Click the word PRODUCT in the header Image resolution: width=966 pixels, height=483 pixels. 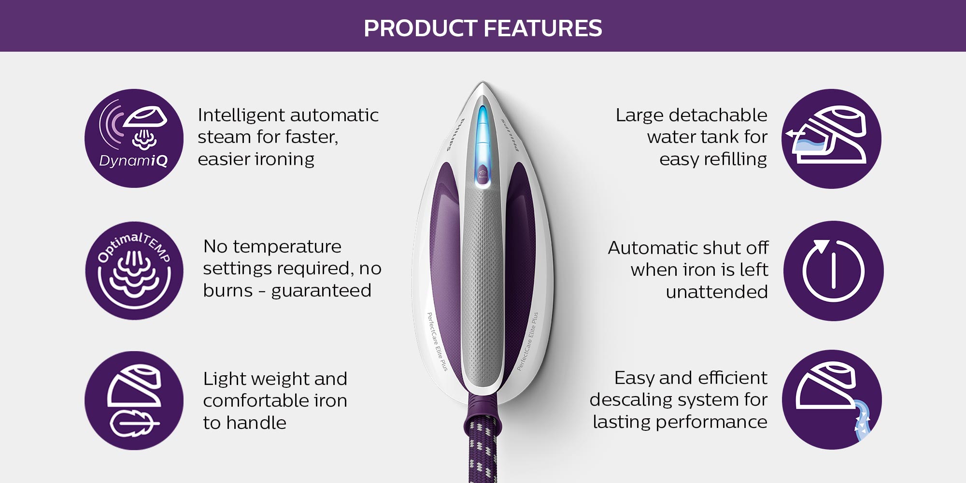[421, 28]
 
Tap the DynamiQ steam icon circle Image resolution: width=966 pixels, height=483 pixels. [134, 138]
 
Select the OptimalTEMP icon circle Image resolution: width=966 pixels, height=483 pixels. [134, 270]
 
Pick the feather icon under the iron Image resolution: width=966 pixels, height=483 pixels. [133, 424]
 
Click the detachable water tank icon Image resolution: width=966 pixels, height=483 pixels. [831, 139]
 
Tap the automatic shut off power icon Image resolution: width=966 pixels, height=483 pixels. [833, 270]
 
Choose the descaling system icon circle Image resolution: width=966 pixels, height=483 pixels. [832, 399]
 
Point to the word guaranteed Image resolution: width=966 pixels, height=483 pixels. [321, 291]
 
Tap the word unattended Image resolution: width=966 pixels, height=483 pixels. [717, 292]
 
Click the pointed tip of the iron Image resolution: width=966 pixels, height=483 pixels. [482, 83]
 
